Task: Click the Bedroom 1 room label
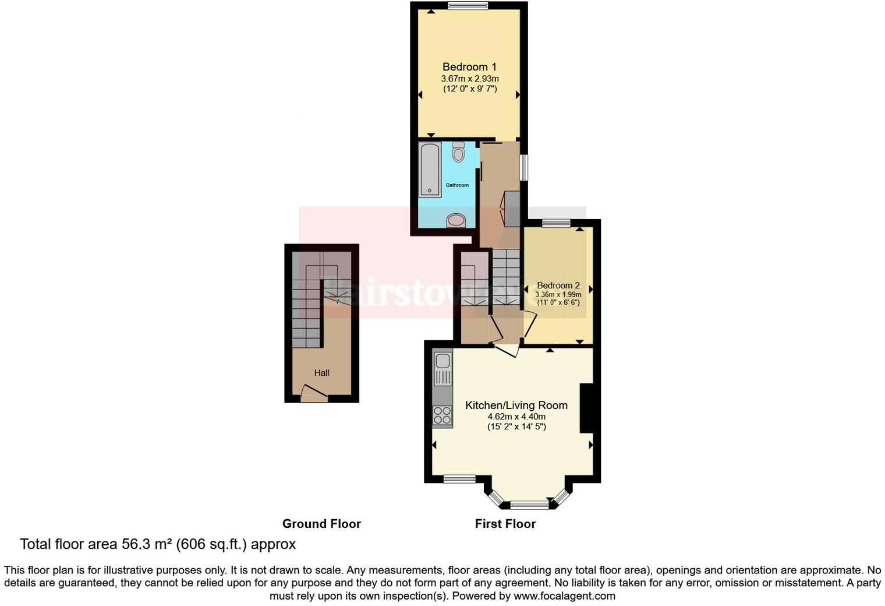(x=469, y=67)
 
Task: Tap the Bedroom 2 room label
(x=558, y=286)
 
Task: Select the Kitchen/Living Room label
(x=516, y=406)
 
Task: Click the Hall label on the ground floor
(x=321, y=373)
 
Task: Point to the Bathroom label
(x=457, y=185)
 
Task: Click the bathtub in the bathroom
(x=430, y=170)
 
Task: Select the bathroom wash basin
(x=456, y=221)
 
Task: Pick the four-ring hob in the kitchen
(x=442, y=415)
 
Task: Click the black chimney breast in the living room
(x=586, y=408)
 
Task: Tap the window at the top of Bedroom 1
(x=468, y=6)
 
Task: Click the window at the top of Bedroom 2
(x=556, y=223)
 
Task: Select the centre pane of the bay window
(x=529, y=505)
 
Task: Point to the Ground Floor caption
(x=321, y=524)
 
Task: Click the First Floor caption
(x=505, y=524)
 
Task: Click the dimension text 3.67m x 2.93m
(x=469, y=79)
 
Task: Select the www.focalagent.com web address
(x=564, y=596)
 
